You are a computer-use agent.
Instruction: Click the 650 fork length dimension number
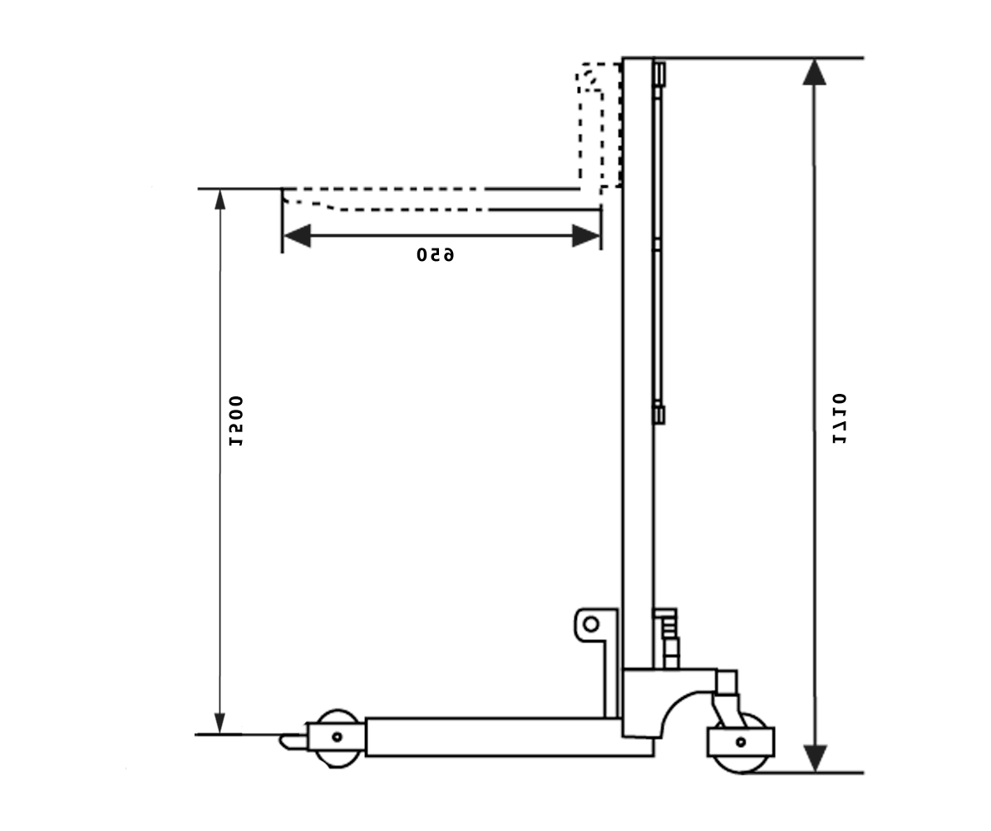436,254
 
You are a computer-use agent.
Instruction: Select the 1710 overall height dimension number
841,418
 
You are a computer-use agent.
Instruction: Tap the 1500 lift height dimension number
237,421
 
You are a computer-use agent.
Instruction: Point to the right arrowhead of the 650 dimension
586,235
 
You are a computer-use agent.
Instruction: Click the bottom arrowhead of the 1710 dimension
815,758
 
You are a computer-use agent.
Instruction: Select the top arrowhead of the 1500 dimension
220,199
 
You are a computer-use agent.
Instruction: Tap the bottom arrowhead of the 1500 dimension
220,723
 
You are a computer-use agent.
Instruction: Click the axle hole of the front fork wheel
337,736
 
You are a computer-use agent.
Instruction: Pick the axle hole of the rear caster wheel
741,741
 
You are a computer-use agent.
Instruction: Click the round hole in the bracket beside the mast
590,623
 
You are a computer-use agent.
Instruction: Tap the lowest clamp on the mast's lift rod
658,413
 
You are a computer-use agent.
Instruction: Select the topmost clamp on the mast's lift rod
659,74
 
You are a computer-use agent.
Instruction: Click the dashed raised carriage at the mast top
599,125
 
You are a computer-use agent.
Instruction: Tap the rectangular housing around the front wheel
337,736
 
